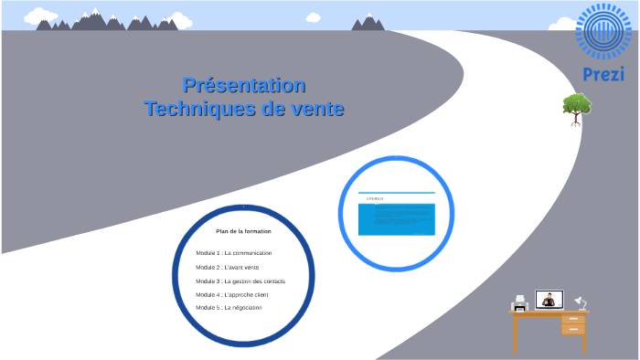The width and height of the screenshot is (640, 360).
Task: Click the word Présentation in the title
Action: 244,86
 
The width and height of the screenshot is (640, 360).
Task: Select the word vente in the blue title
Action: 315,109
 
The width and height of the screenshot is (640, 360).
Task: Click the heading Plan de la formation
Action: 243,231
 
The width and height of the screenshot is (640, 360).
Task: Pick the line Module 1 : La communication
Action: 234,253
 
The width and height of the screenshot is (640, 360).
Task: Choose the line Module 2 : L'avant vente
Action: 228,267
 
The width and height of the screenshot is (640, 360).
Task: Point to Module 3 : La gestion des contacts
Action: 240,281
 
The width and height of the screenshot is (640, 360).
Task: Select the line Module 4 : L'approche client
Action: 232,295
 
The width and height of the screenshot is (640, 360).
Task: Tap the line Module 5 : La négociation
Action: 229,308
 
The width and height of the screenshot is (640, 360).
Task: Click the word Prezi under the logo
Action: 603,74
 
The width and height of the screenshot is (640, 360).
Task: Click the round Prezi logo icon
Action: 603,32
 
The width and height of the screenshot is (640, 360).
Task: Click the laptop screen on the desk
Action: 549,299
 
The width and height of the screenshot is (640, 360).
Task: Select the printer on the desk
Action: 520,302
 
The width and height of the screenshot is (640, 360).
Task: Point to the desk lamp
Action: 580,302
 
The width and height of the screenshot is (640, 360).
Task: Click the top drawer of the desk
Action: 573,319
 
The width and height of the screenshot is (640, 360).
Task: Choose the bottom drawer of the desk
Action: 573,329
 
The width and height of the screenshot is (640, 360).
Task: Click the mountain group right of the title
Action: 368,22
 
